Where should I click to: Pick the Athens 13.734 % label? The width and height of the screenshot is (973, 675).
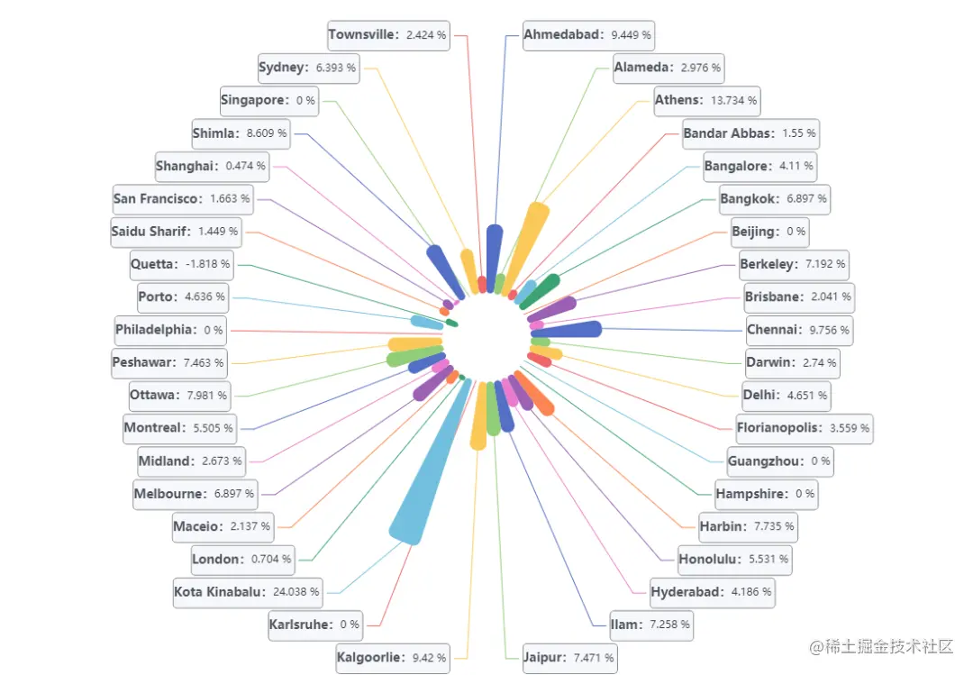coord(706,100)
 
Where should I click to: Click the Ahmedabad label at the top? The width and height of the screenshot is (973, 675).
coord(587,35)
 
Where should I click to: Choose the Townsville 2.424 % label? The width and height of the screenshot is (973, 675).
coord(387,35)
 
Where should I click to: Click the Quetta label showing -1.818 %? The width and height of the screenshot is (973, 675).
coord(180,264)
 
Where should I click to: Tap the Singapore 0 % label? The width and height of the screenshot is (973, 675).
coord(268,100)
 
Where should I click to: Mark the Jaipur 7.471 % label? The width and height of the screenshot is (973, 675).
coord(568,658)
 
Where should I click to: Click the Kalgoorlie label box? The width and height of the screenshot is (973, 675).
coord(392,658)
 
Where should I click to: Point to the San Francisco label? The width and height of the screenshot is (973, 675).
coord(181,198)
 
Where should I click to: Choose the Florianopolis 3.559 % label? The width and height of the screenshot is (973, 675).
coord(803,428)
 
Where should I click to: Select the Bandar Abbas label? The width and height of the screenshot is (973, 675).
coord(749,133)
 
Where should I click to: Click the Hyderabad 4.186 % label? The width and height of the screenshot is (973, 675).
coord(711,592)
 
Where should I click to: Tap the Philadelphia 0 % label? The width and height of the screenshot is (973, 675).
coord(168,330)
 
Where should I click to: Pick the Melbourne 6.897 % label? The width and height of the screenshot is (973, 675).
coord(194,494)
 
